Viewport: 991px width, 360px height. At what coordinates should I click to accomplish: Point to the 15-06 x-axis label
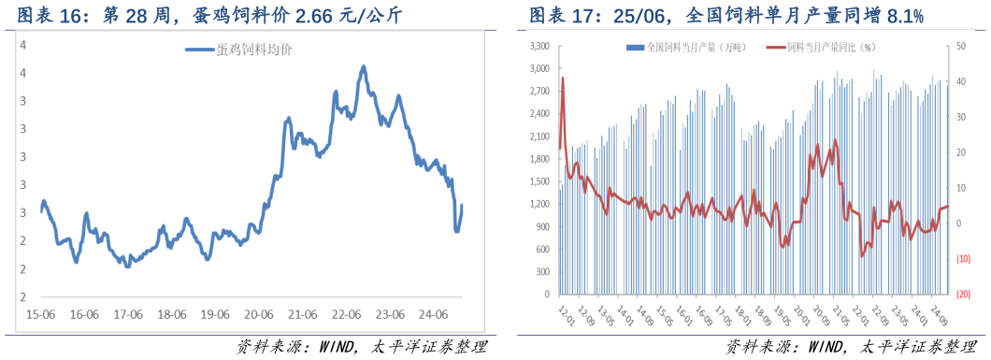pyautogui.click(x=40, y=314)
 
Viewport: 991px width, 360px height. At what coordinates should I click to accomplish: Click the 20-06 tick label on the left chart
pyautogui.click(x=258, y=314)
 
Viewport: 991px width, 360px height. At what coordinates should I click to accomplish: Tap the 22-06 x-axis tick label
pyautogui.click(x=346, y=314)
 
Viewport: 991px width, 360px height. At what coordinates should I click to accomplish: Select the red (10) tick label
pyautogui.click(x=962, y=259)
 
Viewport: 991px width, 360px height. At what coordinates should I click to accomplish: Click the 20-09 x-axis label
pyautogui.click(x=822, y=315)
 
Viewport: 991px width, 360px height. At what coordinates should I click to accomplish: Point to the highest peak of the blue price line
pyautogui.click(x=363, y=66)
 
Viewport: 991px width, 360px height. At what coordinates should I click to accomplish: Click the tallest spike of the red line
pyautogui.click(x=562, y=79)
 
